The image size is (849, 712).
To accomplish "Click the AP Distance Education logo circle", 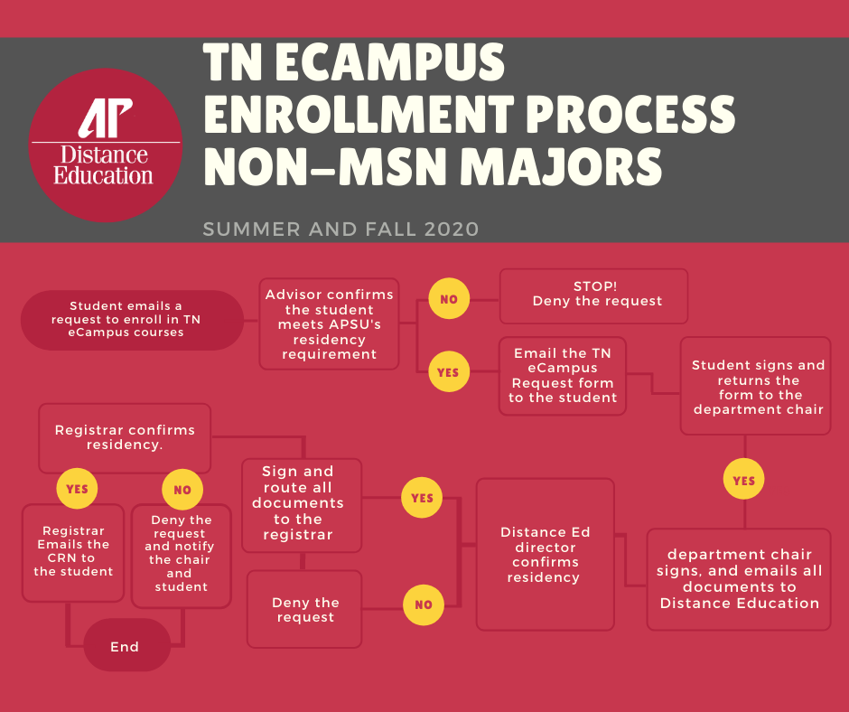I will click(x=104, y=145).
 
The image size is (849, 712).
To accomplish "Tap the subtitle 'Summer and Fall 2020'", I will click(x=341, y=230).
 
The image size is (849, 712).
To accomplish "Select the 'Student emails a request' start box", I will click(x=133, y=320).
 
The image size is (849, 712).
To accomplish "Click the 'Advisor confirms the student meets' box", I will click(x=329, y=323).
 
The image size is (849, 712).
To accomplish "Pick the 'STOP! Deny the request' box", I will click(x=593, y=295).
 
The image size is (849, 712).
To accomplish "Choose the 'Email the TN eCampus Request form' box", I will click(x=563, y=376).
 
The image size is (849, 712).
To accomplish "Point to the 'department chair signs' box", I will click(x=739, y=578).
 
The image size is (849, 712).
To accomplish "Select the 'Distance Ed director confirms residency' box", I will click(x=545, y=554).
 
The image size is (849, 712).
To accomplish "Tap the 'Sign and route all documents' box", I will click(x=301, y=504).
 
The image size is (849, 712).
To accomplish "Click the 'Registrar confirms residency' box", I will click(x=125, y=437).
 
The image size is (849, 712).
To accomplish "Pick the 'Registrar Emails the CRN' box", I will click(x=73, y=552).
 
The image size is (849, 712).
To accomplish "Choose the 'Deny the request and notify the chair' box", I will click(x=181, y=555).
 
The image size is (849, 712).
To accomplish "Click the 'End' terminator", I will click(x=126, y=645).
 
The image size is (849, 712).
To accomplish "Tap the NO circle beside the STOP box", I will click(x=448, y=298).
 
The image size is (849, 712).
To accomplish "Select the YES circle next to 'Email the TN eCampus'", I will click(x=448, y=371).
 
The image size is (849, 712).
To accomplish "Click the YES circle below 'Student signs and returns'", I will click(x=743, y=481).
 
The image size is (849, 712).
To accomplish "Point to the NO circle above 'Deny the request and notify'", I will click(x=182, y=491).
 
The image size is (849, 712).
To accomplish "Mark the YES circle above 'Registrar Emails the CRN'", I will click(x=77, y=489).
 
